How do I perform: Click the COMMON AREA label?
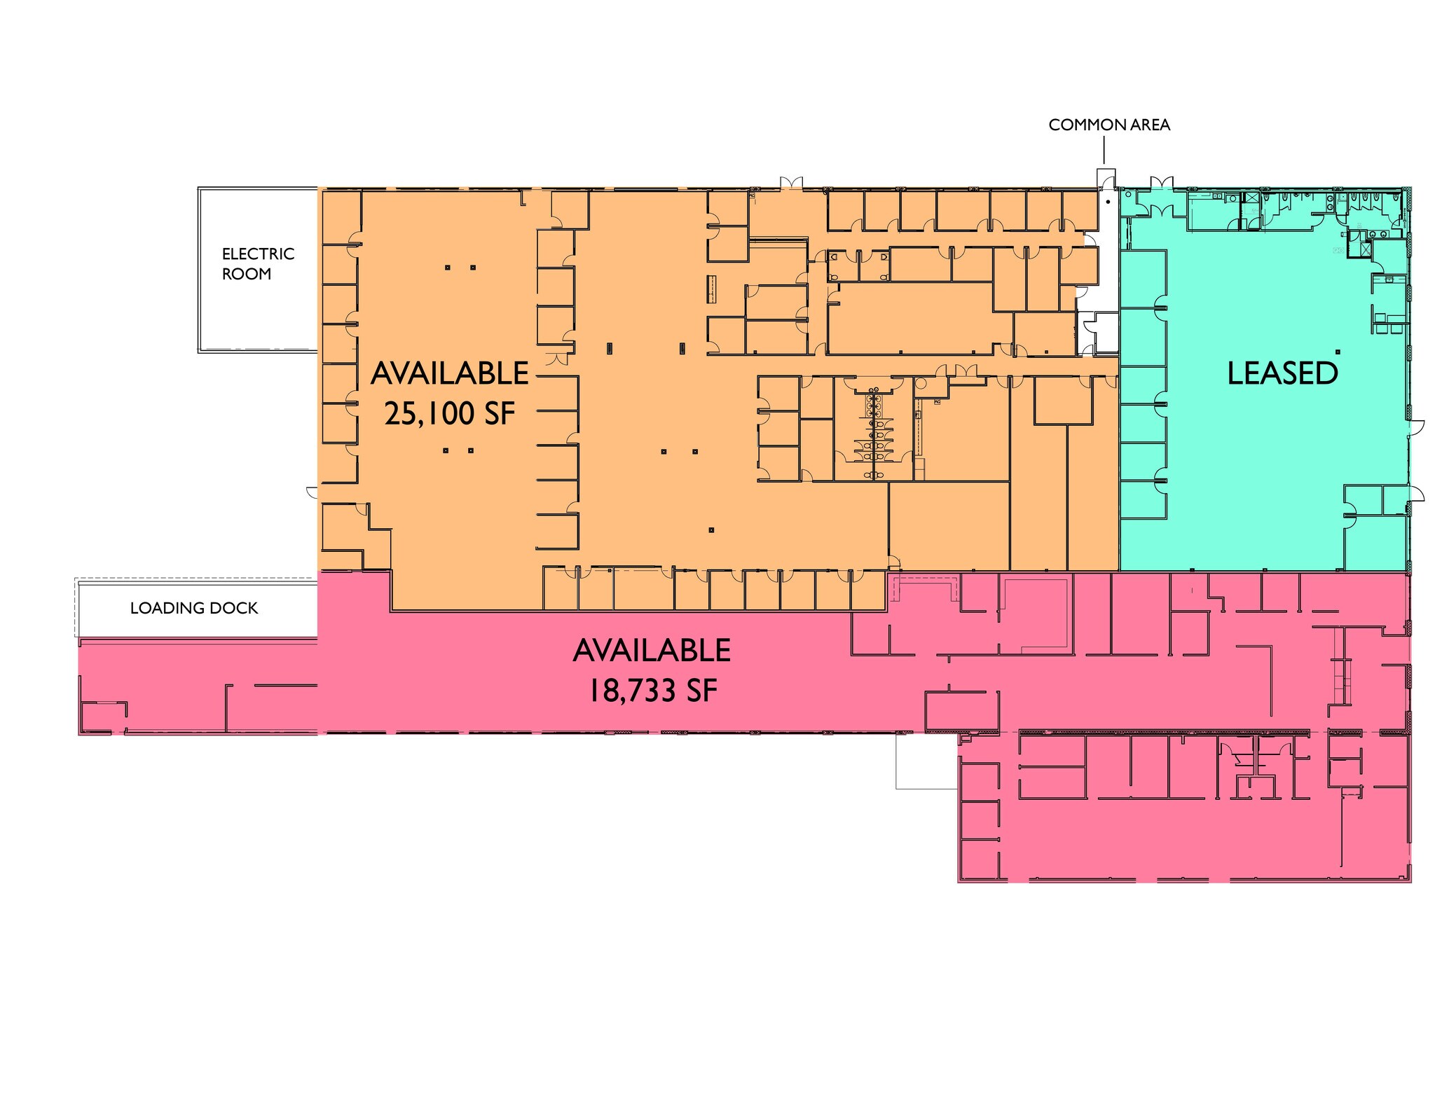1109,125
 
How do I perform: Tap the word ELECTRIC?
258,254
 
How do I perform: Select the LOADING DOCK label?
194,608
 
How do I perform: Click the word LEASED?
1282,373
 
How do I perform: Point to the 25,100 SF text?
450,413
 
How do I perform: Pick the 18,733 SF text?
652,691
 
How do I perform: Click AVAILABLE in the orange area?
450,373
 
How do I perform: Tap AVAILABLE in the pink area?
652,651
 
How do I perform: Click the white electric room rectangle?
258,270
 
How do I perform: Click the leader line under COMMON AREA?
1104,151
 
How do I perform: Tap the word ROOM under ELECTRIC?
247,274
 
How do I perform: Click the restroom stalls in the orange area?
873,434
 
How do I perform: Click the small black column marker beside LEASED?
1338,351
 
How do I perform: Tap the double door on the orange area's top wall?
790,182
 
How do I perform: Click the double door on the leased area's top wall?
1160,182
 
